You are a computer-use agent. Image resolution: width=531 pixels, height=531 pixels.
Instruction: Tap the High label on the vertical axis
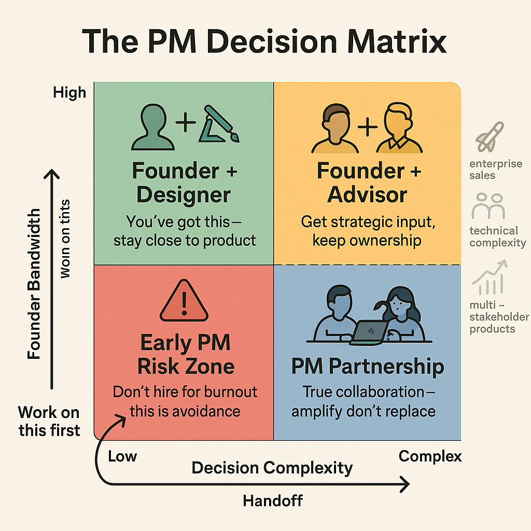point(69,93)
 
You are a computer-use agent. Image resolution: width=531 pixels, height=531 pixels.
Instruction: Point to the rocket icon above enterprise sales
point(489,136)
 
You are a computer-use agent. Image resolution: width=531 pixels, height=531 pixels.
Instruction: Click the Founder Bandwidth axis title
point(34,284)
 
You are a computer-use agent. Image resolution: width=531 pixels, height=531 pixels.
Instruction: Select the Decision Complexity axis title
point(272,468)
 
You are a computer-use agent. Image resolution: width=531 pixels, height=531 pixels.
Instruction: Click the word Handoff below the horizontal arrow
point(273,500)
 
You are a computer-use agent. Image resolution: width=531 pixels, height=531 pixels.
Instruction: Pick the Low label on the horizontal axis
point(122,456)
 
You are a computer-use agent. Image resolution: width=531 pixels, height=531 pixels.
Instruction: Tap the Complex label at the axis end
point(430,456)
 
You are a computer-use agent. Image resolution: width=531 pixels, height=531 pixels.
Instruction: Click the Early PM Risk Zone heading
point(186,355)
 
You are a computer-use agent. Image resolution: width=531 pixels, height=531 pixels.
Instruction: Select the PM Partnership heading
point(367,367)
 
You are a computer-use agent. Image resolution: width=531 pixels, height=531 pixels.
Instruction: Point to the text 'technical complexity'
point(497,236)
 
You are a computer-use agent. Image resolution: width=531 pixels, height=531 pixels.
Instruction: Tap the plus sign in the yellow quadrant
point(367,127)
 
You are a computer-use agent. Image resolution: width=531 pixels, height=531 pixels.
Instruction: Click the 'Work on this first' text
point(49,421)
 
